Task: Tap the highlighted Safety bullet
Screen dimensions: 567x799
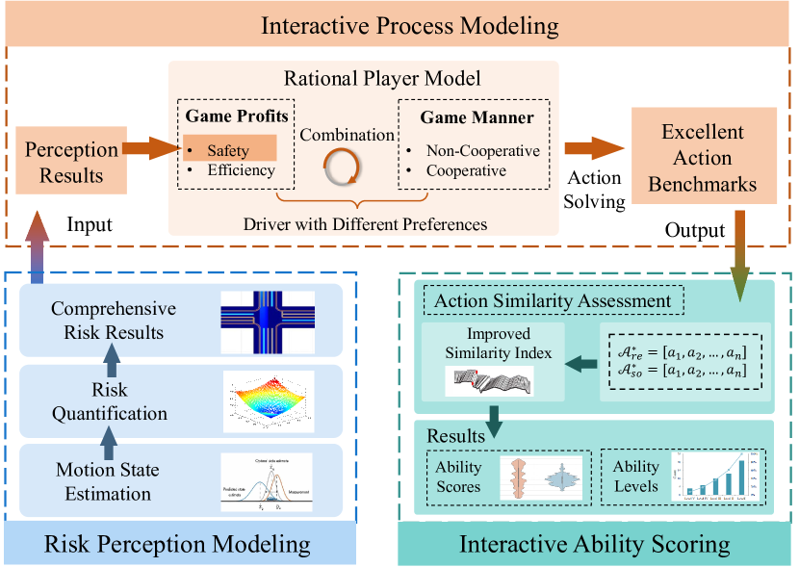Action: [228, 149]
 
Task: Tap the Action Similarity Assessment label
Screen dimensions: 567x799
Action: [553, 300]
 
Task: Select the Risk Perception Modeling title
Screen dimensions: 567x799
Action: [179, 544]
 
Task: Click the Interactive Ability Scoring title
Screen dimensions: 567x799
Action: [594, 544]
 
